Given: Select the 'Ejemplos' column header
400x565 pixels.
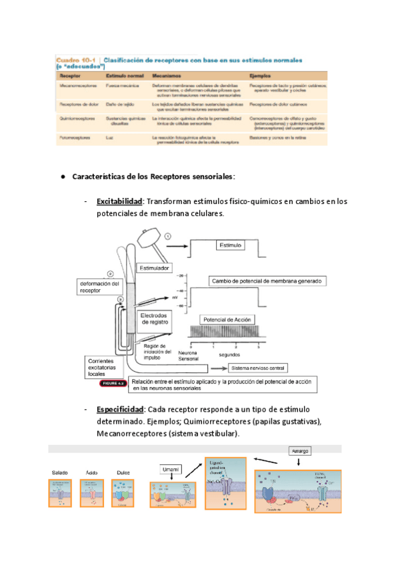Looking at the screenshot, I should (261, 76).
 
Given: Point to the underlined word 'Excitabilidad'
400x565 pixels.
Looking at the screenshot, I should (119, 201).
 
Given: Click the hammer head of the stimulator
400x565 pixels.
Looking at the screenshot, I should (150, 239).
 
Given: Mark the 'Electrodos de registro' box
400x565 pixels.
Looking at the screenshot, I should (158, 318).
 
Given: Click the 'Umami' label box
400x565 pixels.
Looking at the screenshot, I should (174, 470).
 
